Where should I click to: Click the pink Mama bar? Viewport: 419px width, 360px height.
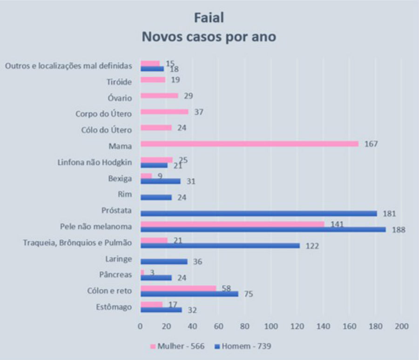[249, 144]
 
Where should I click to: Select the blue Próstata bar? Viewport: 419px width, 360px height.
[258, 213]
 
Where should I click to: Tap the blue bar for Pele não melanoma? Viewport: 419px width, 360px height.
[263, 229]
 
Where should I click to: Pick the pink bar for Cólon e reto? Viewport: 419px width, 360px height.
[178, 288]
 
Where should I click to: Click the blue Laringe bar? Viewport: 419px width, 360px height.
[164, 261]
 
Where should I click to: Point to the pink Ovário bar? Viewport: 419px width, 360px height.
[159, 96]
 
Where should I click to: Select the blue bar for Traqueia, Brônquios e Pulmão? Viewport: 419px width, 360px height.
[220, 246]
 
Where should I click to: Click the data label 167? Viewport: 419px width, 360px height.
[371, 144]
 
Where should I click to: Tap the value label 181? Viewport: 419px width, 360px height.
[389, 213]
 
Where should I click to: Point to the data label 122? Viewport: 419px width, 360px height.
[312, 246]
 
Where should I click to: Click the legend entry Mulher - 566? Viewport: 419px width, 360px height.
[177, 346]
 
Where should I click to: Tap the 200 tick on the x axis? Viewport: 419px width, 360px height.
[401, 326]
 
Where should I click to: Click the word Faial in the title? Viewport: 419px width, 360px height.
[209, 18]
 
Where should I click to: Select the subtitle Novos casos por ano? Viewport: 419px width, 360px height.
[209, 37]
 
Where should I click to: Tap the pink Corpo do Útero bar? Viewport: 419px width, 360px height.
[164, 112]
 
